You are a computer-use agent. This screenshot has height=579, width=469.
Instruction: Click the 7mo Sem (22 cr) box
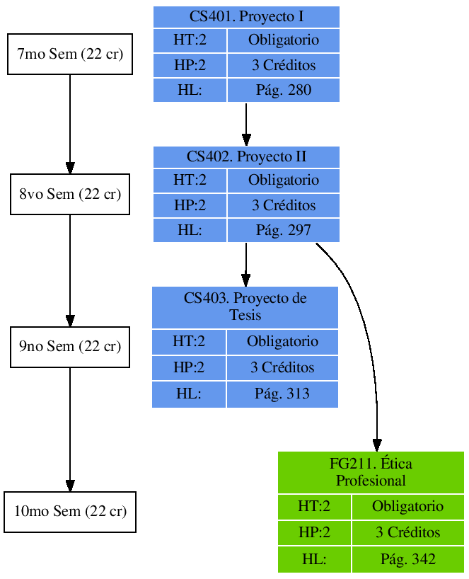pos(69,54)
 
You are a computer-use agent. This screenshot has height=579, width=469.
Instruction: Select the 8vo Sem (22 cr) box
pos(69,194)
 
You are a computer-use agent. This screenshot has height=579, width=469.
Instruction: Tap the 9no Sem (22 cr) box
pos(69,347)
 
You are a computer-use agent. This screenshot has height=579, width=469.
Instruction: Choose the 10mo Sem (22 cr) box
pos(69,512)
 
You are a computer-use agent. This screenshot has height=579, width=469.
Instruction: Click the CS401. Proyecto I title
pos(246,16)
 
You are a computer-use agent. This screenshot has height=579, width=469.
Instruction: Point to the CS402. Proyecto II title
pos(246,156)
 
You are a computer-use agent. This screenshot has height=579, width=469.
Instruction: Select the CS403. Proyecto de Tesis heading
pos(245,306)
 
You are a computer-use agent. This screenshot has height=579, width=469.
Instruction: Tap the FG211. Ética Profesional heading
pos(371,472)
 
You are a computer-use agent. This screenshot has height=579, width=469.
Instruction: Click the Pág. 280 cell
pos(283,91)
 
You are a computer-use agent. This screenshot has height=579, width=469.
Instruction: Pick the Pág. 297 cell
pos(283,231)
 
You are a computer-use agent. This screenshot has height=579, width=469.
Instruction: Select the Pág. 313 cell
pos(282,394)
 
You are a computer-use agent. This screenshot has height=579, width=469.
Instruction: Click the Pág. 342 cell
pos(407,559)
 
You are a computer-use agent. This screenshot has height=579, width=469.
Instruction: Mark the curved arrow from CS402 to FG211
pos(364,319)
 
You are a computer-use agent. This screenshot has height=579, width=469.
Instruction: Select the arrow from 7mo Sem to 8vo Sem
pos(69,124)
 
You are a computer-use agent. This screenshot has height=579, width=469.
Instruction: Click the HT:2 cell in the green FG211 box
pos(314,507)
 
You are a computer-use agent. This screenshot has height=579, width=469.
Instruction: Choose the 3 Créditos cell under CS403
pos(282,368)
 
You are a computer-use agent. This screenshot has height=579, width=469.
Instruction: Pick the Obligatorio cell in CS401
pos(283,40)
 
